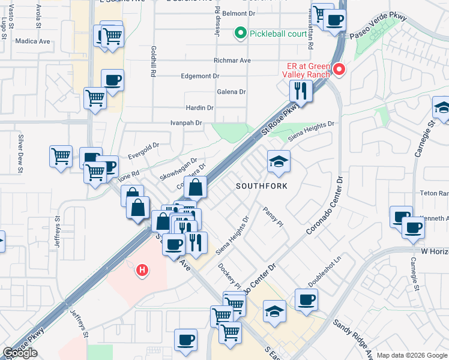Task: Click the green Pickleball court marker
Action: point(241,33)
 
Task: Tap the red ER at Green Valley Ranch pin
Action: point(339,70)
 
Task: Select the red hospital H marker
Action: point(142,271)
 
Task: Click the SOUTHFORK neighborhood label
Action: point(261,186)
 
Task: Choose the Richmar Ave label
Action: point(232,61)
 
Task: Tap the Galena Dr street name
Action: point(231,92)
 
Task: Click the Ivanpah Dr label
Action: point(187,123)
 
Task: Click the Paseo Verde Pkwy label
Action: point(378,28)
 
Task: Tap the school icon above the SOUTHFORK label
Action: point(278,161)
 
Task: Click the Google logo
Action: point(20,353)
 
